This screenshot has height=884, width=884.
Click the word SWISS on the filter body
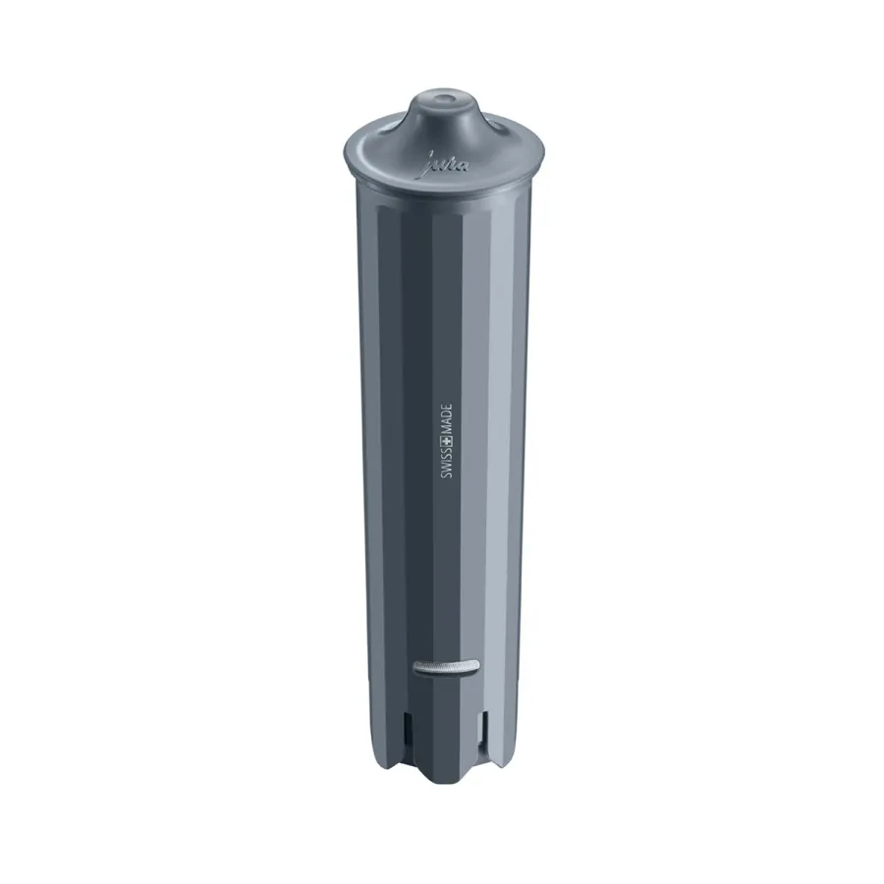click(x=447, y=466)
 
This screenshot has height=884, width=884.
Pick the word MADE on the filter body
click(x=447, y=419)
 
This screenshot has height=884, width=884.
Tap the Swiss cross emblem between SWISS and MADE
click(x=447, y=443)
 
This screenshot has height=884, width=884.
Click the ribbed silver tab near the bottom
click(x=447, y=666)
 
